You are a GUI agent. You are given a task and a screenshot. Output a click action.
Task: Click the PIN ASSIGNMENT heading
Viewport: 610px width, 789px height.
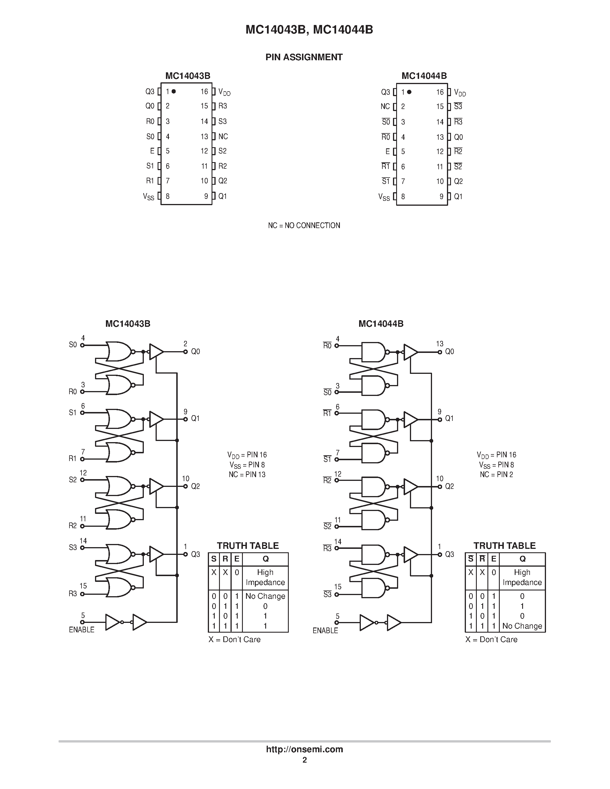click(x=304, y=57)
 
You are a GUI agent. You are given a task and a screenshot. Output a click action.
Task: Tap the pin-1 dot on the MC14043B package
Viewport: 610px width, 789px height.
click(x=174, y=92)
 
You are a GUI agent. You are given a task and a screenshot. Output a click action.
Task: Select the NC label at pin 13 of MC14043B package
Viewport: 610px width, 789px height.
click(x=223, y=136)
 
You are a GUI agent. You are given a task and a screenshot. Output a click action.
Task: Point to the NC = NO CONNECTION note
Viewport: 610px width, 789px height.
click(x=304, y=226)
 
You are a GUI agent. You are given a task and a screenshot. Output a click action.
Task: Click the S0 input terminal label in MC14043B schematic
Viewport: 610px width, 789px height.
click(x=73, y=345)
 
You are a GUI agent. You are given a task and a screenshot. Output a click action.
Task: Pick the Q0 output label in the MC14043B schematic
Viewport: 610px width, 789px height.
click(x=195, y=351)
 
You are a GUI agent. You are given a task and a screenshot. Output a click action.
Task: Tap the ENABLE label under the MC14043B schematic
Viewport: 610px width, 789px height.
click(x=82, y=630)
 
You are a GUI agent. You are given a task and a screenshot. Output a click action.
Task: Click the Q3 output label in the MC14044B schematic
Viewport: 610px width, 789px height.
click(x=450, y=554)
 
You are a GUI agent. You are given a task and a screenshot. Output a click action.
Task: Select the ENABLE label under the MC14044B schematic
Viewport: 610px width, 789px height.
click(x=325, y=630)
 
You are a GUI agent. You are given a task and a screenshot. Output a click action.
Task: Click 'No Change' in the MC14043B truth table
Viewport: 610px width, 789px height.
click(x=265, y=596)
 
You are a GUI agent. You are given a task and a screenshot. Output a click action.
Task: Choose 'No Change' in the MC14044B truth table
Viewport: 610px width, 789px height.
click(x=522, y=626)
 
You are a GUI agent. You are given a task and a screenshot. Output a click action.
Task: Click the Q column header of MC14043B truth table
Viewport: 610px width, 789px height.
click(x=266, y=559)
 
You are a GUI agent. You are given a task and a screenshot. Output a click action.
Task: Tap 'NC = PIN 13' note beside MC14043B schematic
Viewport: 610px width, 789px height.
click(x=247, y=474)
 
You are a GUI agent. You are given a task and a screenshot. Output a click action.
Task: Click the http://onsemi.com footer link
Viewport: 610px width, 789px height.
click(x=304, y=749)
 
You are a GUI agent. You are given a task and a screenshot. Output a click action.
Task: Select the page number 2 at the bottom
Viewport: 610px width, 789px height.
click(x=305, y=760)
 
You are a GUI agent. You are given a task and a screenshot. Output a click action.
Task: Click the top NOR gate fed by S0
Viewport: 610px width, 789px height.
click(x=119, y=351)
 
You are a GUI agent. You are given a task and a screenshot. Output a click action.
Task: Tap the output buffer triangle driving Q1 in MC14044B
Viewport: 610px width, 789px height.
click(x=410, y=420)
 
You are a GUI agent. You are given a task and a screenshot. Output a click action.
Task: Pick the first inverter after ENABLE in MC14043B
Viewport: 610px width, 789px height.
click(x=113, y=622)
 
